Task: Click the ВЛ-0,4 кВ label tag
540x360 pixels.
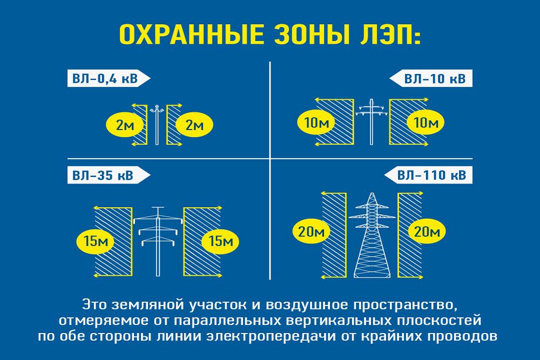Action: tap(105, 79)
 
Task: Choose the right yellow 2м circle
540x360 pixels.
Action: tap(194, 126)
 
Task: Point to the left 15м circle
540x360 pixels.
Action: tap(96, 241)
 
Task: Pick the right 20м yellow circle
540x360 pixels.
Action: tap(428, 232)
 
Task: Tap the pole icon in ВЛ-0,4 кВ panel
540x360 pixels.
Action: tap(157, 124)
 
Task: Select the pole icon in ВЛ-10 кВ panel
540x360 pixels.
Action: tap(372, 121)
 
